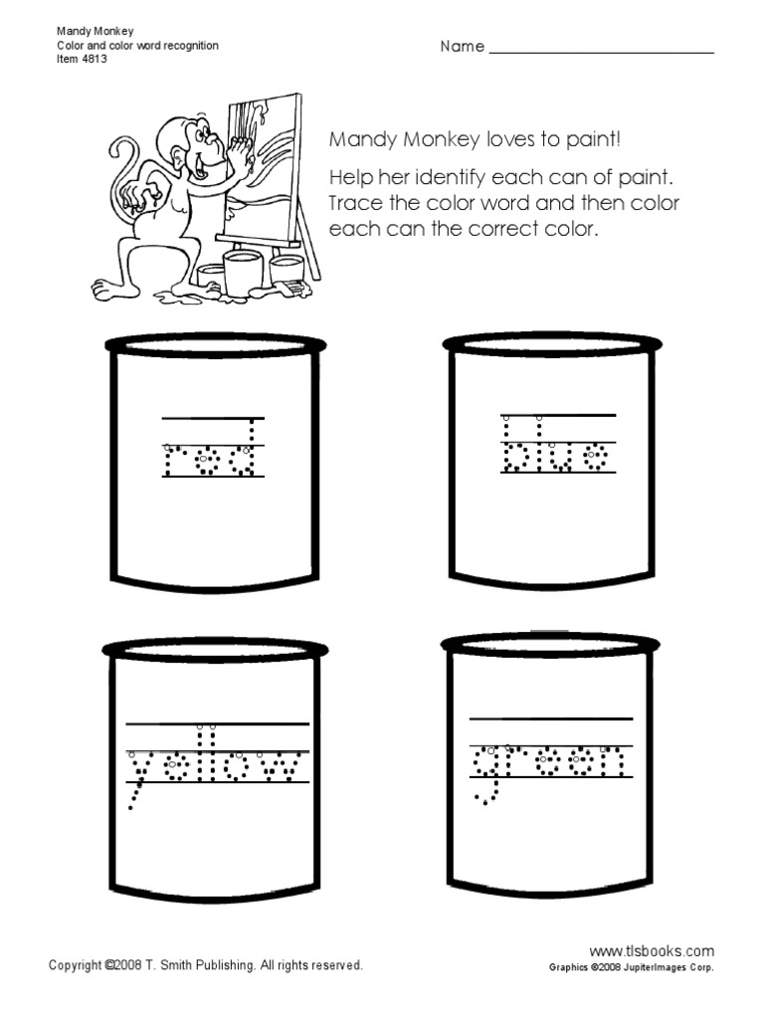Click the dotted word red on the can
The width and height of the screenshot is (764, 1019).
(212, 459)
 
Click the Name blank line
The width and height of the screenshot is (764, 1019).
(602, 50)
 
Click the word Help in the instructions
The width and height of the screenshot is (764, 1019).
(348, 178)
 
